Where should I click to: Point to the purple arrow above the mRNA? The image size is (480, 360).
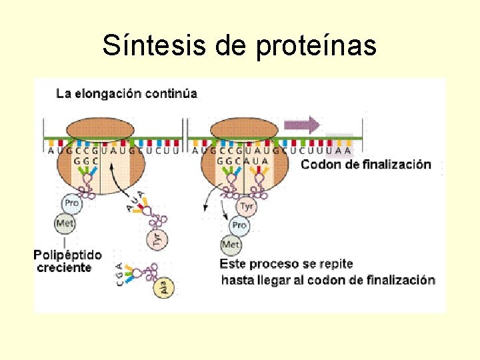coord(302,125)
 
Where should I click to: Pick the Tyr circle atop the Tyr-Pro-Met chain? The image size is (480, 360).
coord(246,207)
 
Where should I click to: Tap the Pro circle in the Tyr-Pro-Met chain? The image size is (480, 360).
coord(239,225)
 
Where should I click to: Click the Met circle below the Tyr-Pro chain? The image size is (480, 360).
coord(231,245)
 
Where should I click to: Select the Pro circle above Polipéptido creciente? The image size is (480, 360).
coord(71,203)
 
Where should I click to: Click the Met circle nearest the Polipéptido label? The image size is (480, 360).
coord(65,223)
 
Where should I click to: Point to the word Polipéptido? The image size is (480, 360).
coord(68,255)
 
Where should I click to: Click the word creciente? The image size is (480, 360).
coord(63,267)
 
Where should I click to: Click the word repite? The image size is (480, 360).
coord(336,264)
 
